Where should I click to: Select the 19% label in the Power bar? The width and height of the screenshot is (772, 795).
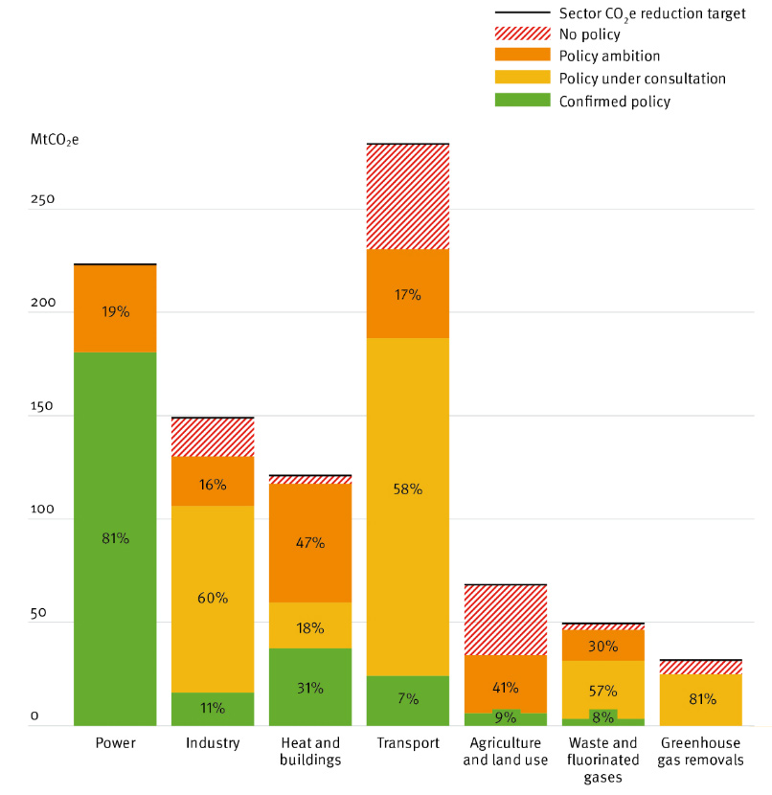115,311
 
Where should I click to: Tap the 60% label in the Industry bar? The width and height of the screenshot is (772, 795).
213,599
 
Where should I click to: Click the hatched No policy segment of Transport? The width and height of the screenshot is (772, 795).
408,196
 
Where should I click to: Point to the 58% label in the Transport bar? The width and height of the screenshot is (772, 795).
408,489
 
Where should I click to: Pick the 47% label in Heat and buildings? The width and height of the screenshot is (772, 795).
310,543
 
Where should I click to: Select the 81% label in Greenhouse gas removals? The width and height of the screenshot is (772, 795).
702,699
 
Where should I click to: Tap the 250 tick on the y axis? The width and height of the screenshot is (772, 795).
42,201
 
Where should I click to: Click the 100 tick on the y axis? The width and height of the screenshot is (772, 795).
42,511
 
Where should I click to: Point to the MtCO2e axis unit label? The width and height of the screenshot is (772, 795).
55,140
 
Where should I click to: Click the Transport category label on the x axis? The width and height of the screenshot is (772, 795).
408,743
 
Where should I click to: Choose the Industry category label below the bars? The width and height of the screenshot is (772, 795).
213,743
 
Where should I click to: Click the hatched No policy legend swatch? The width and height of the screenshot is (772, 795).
523,34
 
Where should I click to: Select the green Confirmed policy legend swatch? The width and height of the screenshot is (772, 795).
523,101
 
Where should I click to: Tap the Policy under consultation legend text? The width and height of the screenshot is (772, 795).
643,79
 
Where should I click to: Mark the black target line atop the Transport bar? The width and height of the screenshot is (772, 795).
408,144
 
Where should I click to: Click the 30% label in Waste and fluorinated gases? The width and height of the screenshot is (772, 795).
603,647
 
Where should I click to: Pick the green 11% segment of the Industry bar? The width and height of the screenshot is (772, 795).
213,709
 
